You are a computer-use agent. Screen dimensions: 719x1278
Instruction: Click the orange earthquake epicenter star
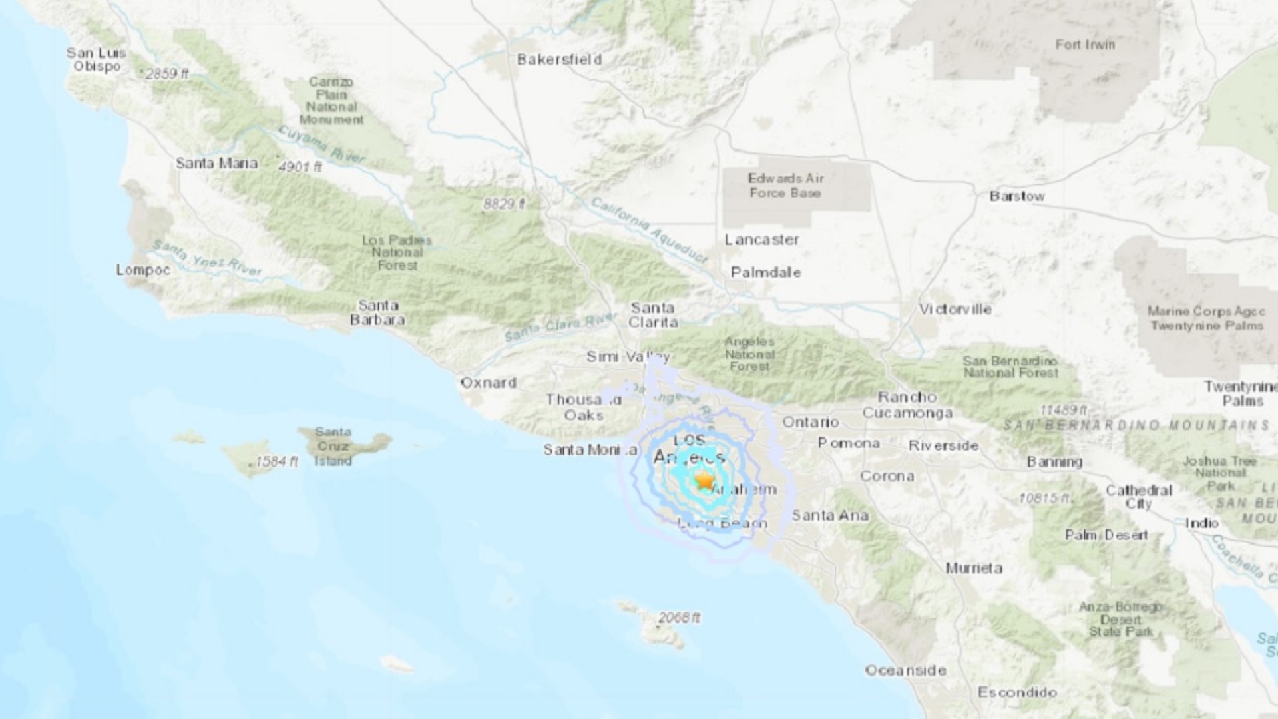[x=704, y=481]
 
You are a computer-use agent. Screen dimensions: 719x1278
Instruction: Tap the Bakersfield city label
[x=559, y=59]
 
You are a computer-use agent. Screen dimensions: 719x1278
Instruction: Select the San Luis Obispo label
[x=97, y=59]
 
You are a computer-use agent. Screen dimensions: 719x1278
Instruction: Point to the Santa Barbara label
[x=378, y=312]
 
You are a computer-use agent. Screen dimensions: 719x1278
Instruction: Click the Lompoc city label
[x=143, y=270]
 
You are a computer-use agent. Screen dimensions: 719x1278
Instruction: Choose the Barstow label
[x=1016, y=196]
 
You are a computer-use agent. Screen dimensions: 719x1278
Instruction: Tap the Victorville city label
[x=955, y=309]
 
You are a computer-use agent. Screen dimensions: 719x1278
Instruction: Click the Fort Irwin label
[x=1084, y=45]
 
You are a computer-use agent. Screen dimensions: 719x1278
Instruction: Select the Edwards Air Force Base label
[x=785, y=186]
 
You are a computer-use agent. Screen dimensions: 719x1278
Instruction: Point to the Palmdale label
[x=765, y=272]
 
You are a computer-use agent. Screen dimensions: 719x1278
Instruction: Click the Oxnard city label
[x=489, y=383]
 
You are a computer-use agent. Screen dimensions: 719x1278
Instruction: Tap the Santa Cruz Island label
[x=333, y=446]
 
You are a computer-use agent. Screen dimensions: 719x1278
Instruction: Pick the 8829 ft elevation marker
[x=504, y=204]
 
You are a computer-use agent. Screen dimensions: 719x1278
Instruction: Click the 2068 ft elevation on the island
[x=678, y=618]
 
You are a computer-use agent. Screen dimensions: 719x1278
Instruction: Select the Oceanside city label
[x=905, y=670]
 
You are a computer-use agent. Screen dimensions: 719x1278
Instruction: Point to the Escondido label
[x=1017, y=692]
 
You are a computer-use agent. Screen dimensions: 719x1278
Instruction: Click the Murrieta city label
[x=974, y=568]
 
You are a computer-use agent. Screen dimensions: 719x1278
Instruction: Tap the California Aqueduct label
[x=648, y=230]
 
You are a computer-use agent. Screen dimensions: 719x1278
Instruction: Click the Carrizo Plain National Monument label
[x=331, y=101]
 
